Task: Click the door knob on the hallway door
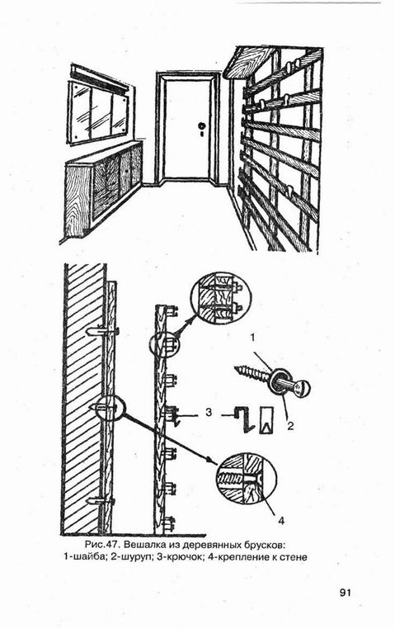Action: [x=201, y=125]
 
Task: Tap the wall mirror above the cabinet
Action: [x=98, y=111]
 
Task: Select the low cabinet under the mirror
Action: [x=103, y=187]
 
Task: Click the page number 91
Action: [x=346, y=593]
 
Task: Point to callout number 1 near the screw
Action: [x=253, y=338]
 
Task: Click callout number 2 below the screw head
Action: [x=290, y=426]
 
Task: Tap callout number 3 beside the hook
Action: [x=209, y=413]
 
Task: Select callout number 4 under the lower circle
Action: [x=281, y=521]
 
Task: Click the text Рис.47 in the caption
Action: [x=103, y=545]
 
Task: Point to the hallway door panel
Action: [x=187, y=128]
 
